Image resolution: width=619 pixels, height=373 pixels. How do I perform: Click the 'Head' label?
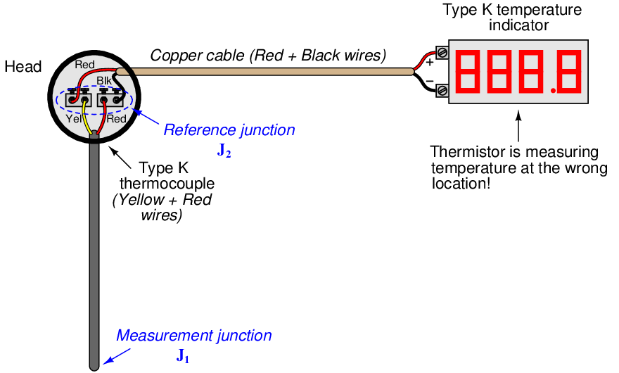(x=23, y=68)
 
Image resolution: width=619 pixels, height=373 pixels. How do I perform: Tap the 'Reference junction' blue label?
(x=229, y=130)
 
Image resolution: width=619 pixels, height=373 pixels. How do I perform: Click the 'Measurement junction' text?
(x=193, y=336)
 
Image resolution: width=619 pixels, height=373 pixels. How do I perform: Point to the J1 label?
(x=183, y=355)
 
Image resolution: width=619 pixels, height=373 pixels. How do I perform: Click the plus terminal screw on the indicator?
(x=442, y=52)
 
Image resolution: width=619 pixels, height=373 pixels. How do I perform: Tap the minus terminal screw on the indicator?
(x=442, y=90)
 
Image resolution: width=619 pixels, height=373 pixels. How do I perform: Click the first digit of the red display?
(x=469, y=71)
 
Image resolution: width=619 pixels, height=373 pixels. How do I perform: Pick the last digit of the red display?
(x=569, y=71)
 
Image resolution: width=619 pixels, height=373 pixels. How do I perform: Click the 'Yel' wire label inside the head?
(x=75, y=119)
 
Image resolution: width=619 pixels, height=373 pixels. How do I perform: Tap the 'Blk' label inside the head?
(x=103, y=82)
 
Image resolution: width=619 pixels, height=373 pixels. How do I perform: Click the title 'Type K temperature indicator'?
(x=511, y=18)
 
